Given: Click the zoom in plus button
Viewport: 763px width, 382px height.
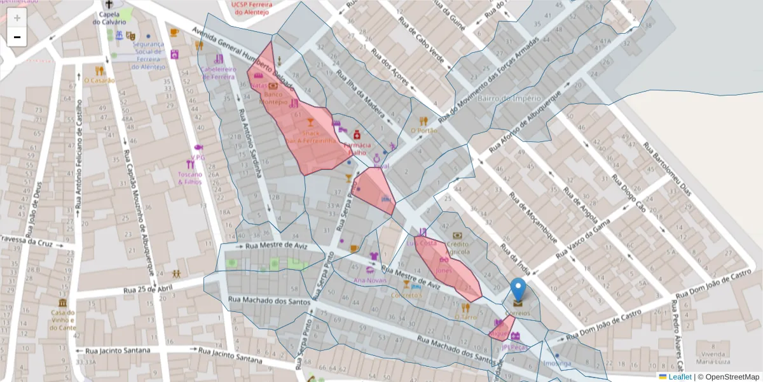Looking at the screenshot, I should [x=17, y=18].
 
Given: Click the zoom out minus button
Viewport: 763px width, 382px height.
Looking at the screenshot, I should [x=17, y=37].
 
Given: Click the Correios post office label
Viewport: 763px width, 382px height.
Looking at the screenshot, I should [x=518, y=314].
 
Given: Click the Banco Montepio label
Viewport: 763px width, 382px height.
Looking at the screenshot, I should [x=275, y=97].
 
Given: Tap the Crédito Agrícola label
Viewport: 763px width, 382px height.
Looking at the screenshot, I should [x=458, y=248].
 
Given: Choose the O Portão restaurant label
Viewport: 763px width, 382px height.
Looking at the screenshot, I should [x=424, y=131].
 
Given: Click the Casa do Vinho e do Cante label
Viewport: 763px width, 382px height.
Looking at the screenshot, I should [x=64, y=320].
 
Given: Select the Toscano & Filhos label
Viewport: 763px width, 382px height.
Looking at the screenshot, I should [x=189, y=178].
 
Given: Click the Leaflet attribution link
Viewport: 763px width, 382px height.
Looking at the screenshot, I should [x=680, y=377].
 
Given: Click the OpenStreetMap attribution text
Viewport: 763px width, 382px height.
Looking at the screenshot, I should [x=728, y=377].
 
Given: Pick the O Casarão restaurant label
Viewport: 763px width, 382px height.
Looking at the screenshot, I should [x=100, y=80].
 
